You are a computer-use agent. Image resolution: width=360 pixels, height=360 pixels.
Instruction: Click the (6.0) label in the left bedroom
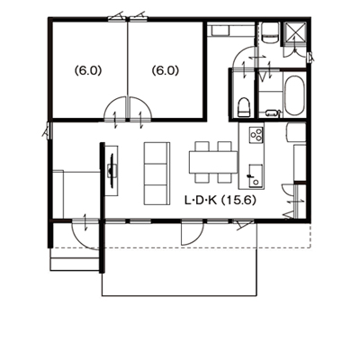click(x=88, y=71)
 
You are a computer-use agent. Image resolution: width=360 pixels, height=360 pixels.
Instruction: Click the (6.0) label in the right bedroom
click(x=166, y=71)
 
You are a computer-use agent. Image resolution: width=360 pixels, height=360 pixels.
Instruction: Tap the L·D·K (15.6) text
click(x=220, y=201)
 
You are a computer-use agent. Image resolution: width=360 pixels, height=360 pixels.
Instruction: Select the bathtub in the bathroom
click(x=294, y=95)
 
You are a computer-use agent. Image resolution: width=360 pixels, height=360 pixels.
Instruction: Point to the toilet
click(x=244, y=107)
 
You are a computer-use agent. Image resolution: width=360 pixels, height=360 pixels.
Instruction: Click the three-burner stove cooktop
click(x=256, y=134)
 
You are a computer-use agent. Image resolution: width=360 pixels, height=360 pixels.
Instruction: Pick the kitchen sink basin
click(x=255, y=175)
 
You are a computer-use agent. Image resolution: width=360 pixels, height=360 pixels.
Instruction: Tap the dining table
click(x=213, y=162)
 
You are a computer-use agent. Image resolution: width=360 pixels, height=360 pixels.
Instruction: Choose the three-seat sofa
click(x=156, y=174)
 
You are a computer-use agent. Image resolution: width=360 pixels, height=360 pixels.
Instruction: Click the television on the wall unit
click(x=112, y=171)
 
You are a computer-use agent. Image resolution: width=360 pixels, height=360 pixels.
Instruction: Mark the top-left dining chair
click(x=202, y=147)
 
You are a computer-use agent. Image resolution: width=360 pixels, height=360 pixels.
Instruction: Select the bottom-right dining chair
click(x=225, y=178)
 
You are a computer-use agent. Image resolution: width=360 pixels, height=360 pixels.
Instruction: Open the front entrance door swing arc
click(x=81, y=241)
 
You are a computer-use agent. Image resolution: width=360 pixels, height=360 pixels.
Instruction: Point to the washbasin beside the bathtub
click(x=273, y=112)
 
